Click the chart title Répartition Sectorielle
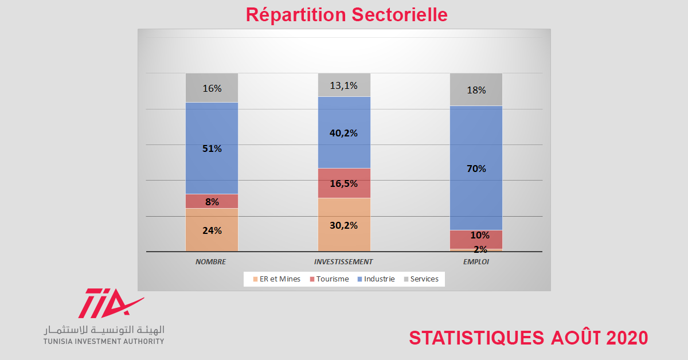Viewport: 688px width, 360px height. tap(346, 15)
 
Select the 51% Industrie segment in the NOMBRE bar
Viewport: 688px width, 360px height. tap(212, 148)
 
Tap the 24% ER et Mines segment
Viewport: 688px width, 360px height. tap(212, 230)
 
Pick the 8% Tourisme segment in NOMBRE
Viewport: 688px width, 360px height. tap(212, 201)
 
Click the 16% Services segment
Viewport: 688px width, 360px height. tap(212, 88)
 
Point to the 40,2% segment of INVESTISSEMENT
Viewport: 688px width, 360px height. tap(344, 132)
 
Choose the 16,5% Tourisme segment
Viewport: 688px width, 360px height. tap(344, 183)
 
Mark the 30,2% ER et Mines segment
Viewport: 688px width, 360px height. tap(344, 225)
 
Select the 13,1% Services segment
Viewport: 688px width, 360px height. tap(344, 85)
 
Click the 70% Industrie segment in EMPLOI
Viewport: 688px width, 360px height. tap(476, 168)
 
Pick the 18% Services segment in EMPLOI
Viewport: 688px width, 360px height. tap(476, 90)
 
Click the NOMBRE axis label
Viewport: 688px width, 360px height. tap(210, 261)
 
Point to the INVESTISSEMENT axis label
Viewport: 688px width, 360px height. tap(343, 261)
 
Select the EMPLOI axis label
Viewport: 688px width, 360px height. tap(476, 261)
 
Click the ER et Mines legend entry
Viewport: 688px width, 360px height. tap(276, 279)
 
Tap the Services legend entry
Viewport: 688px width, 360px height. tap(421, 279)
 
